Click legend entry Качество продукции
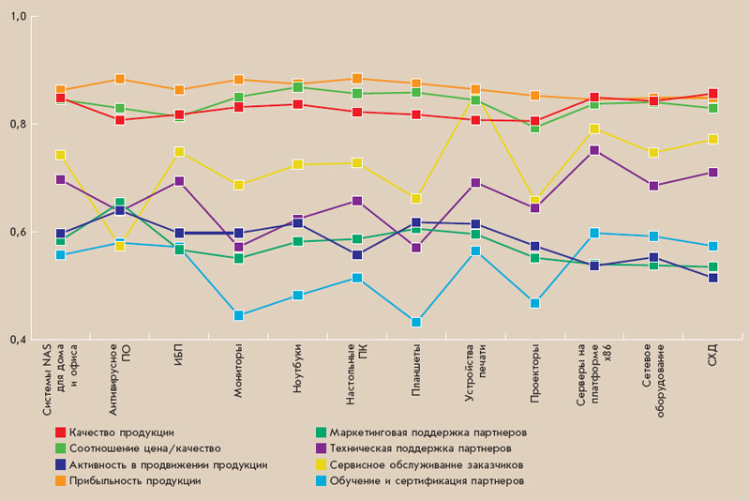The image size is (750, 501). pos(121,433)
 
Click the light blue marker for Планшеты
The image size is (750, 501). pos(416,322)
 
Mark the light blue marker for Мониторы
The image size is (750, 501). pos(238,315)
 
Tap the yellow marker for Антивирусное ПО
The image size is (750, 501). pos(120,245)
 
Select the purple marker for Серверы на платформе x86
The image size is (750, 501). pos(594,150)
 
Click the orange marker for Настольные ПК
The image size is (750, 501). pos(357,79)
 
